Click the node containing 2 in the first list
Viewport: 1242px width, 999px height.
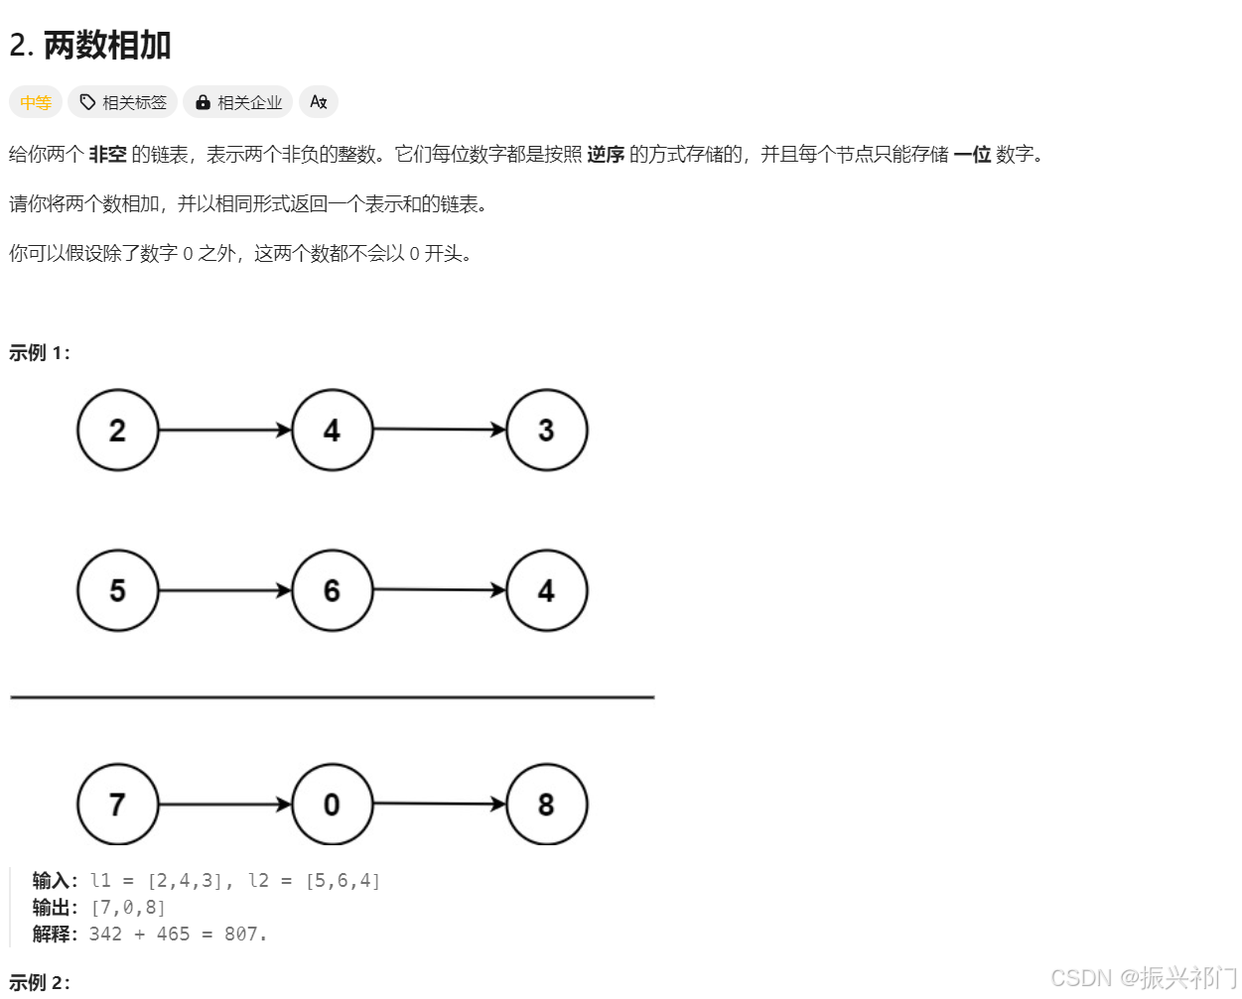[x=118, y=430]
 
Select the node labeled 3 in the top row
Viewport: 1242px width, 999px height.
[x=546, y=430]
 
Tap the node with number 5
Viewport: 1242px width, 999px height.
[x=118, y=590]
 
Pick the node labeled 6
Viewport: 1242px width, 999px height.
[x=332, y=590]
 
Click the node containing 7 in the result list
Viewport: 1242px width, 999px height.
[x=118, y=804]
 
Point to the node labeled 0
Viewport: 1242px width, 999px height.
[x=332, y=804]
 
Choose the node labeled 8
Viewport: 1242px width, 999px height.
[x=546, y=804]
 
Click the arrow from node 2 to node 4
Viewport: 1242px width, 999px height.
[x=224, y=430]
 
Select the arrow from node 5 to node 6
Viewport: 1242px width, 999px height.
[x=224, y=590]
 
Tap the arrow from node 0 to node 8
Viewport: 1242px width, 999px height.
[x=439, y=804]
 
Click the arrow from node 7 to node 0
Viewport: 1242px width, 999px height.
[x=224, y=804]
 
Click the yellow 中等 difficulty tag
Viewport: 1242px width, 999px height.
[x=36, y=102]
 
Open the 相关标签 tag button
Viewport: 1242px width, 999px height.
[x=123, y=102]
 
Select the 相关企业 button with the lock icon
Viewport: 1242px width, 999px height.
[x=238, y=102]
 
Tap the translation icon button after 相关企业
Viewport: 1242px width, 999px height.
[x=319, y=102]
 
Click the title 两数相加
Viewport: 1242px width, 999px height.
[x=107, y=46]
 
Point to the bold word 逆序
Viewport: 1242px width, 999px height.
[x=606, y=154]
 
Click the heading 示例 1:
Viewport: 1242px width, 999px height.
[x=40, y=353]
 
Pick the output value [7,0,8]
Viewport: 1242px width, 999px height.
[x=128, y=908]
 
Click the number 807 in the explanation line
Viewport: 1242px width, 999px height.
[x=241, y=935]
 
